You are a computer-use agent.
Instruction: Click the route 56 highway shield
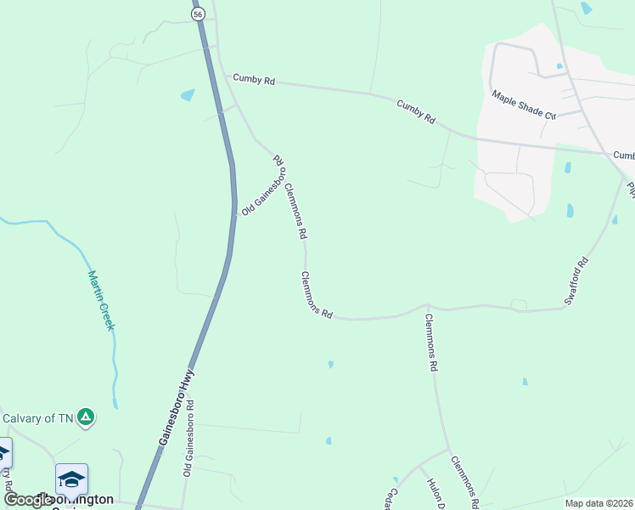pos(198,14)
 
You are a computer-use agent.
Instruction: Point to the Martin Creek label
pos(101,300)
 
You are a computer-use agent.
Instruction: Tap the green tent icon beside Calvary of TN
pos(85,417)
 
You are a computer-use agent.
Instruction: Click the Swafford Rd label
pos(576,282)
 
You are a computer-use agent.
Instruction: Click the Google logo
pos(27,501)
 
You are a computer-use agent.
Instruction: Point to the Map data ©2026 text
pos(599,503)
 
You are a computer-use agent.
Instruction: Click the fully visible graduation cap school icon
pos(72,479)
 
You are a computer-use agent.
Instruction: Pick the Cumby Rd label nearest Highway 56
pos(254,80)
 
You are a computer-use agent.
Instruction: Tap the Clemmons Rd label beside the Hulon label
pos(465,482)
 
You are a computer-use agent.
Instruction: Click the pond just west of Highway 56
pos(188,95)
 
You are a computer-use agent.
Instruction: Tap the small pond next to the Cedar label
pos(395,480)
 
